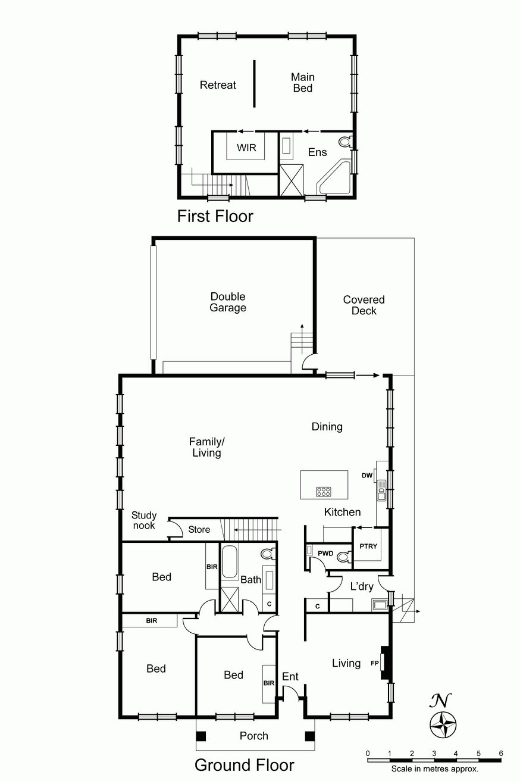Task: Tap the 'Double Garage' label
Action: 228,302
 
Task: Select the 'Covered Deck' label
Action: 364,305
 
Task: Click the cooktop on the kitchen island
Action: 324,492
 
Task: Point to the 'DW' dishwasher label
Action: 366,475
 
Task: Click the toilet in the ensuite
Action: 344,142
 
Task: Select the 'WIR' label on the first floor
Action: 246,148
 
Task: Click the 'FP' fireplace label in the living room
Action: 374,663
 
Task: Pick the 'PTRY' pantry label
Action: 369,546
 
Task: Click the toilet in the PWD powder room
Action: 342,557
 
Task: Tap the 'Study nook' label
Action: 144,520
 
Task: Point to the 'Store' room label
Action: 199,529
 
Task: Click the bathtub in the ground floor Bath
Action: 229,563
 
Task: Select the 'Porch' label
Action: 254,736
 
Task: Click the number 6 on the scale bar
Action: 500,753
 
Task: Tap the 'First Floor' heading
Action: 215,216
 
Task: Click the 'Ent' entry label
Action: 290,677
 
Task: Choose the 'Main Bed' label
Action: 303,82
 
